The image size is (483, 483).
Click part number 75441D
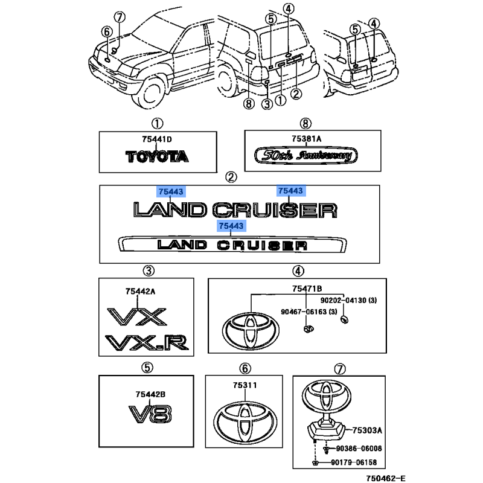click(x=157, y=139)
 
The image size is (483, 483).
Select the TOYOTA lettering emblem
click(x=157, y=156)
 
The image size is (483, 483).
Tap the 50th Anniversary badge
click(x=306, y=155)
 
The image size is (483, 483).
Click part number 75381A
click(x=307, y=139)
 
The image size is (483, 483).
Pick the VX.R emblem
click(x=147, y=343)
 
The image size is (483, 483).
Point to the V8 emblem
click(x=150, y=414)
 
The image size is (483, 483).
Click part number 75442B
click(x=150, y=394)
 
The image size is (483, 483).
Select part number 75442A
click(x=140, y=292)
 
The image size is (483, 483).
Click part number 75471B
click(x=307, y=289)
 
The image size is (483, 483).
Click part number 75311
click(x=245, y=385)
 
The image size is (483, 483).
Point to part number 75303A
click(x=367, y=430)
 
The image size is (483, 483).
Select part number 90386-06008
click(x=359, y=449)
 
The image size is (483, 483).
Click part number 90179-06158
click(x=354, y=462)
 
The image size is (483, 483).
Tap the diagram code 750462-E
click(x=386, y=478)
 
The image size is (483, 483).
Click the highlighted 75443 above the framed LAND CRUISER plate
click(x=231, y=226)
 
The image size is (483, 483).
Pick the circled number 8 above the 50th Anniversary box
click(x=305, y=124)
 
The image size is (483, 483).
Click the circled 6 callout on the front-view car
click(x=107, y=32)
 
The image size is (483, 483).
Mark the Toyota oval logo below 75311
click(x=245, y=421)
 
